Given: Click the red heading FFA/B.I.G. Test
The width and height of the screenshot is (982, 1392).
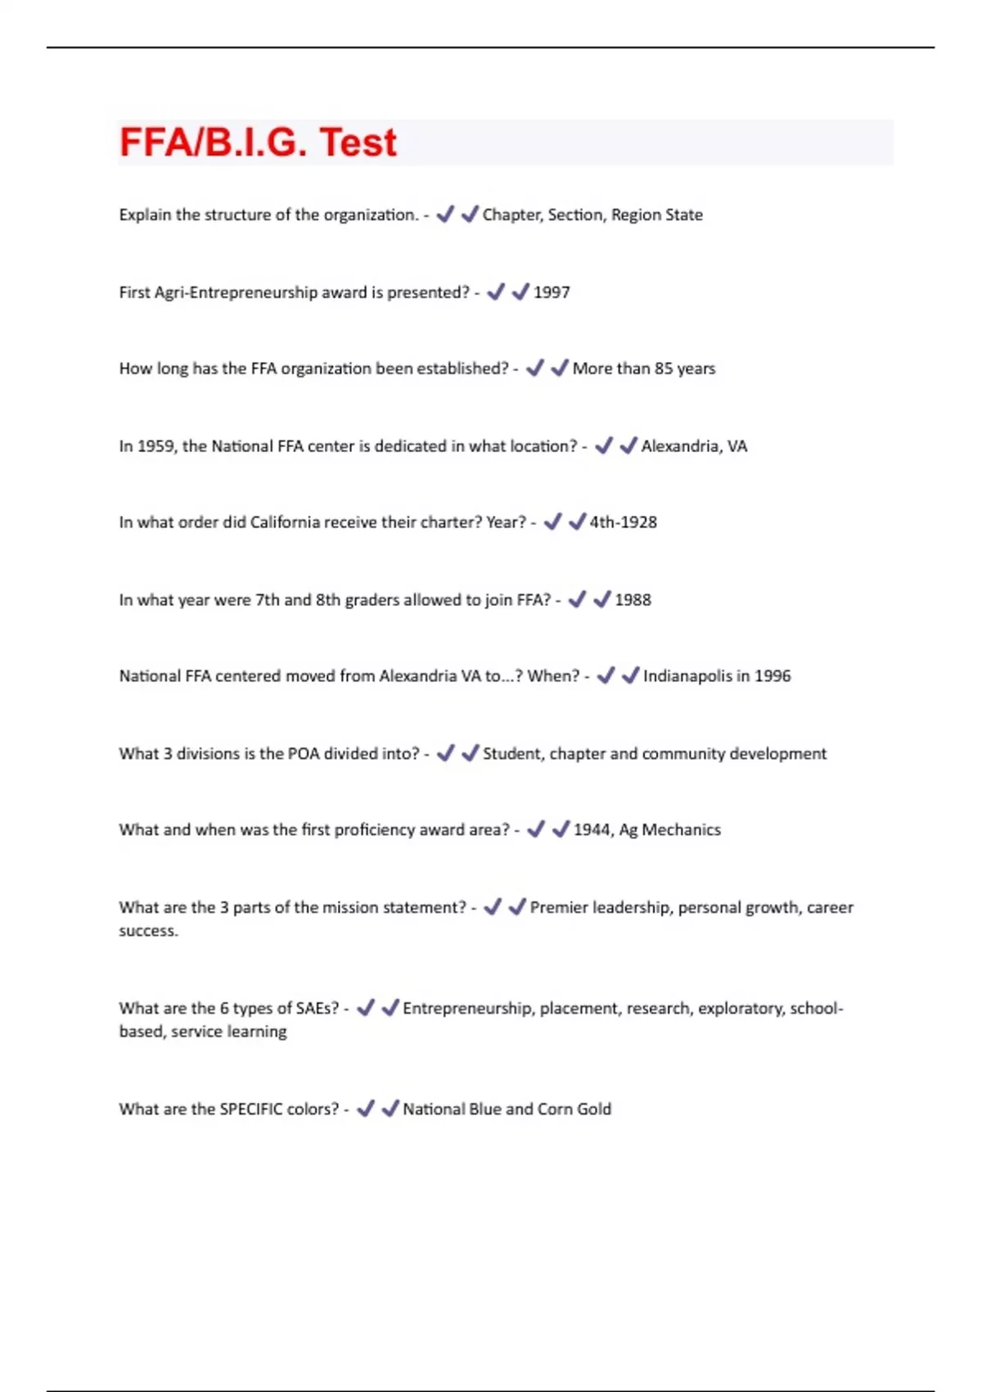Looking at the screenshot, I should pos(258,142).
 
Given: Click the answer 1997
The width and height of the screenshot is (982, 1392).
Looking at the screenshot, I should pos(552,292).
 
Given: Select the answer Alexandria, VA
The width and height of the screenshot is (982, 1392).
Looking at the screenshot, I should pos(694,446).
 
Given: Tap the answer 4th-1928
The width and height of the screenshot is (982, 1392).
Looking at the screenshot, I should pos(623,522).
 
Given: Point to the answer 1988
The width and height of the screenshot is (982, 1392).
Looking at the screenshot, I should pos(633,600).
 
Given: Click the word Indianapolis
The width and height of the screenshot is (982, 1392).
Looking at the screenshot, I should pos(687,676).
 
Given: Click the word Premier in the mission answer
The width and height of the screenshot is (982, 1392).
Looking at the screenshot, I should pos(558,907).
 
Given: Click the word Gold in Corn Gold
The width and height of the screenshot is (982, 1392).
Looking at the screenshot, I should pos(594,1110).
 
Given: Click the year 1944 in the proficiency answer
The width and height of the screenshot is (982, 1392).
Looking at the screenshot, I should pos(592,830).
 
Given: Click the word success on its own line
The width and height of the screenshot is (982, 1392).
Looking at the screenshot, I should pos(147,931).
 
